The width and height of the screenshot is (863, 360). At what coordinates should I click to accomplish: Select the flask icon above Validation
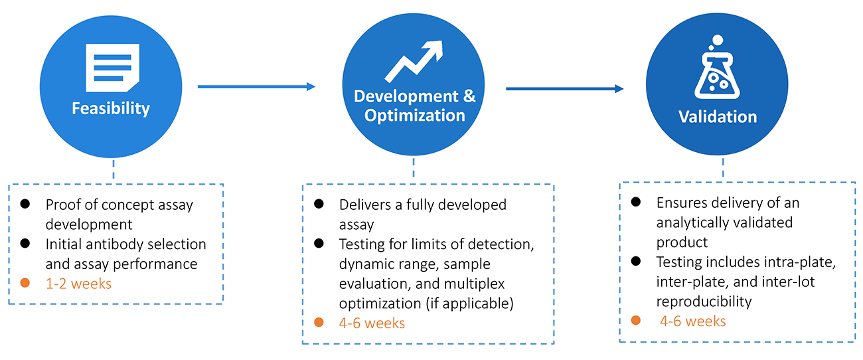(717, 73)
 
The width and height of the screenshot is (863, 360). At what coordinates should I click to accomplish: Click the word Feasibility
(111, 108)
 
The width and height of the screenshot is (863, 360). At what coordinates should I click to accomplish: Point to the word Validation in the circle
(717, 117)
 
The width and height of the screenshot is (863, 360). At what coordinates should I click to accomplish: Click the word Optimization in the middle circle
(414, 115)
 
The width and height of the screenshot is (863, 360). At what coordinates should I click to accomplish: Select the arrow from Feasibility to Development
(256, 86)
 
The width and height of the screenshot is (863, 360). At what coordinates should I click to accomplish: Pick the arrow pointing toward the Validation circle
(565, 88)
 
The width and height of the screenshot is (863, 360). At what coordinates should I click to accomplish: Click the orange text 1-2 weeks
(78, 284)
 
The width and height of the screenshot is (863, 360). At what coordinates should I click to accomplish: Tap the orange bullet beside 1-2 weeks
(25, 284)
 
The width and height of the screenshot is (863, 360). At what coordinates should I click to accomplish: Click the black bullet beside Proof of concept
(25, 205)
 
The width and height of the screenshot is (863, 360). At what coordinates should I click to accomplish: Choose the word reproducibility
(704, 302)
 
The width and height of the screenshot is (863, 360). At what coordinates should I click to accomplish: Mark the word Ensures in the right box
(680, 203)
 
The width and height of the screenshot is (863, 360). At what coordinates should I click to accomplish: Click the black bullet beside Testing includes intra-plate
(637, 262)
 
